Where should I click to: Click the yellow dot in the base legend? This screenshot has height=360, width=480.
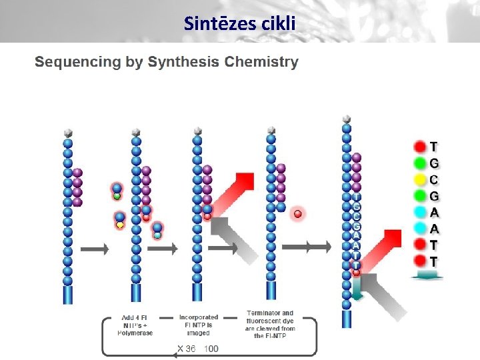tap(419, 179)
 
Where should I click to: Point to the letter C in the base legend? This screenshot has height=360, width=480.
tap(434, 179)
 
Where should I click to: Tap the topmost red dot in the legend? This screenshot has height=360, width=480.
tap(419, 146)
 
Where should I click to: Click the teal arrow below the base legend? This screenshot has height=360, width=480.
tap(428, 276)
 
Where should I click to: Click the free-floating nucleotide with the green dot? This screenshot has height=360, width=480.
tap(117, 191)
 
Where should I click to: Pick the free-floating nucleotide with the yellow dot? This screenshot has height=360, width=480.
tap(120, 221)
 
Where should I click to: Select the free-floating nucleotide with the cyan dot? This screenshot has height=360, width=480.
tap(157, 231)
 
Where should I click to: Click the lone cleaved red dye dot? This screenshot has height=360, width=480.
tap(298, 213)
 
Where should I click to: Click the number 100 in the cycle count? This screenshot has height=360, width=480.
tap(211, 349)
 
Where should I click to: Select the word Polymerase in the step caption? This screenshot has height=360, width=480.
tap(137, 333)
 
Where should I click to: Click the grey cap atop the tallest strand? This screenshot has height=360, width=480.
tap(346, 119)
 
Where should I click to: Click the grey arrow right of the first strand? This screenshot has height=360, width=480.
tap(94, 249)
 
